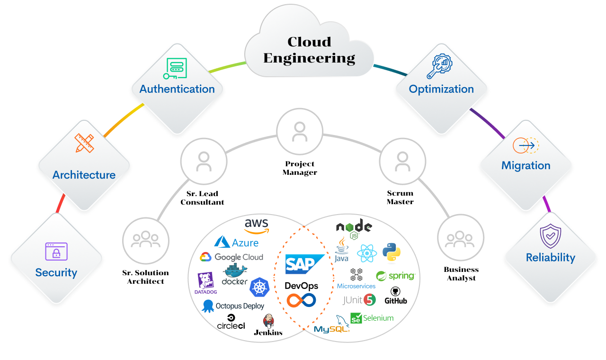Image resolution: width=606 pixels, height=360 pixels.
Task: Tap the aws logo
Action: (x=257, y=225)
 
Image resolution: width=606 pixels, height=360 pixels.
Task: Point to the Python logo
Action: (x=392, y=252)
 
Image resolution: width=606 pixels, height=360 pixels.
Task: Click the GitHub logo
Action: (x=396, y=296)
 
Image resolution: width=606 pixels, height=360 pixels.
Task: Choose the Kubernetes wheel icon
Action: (x=259, y=288)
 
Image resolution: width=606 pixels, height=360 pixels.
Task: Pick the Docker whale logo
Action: (x=235, y=274)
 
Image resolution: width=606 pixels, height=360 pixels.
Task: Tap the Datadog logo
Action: (x=205, y=283)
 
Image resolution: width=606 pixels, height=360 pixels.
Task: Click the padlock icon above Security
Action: (x=56, y=252)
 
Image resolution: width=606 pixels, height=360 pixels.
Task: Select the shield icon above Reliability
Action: (x=551, y=236)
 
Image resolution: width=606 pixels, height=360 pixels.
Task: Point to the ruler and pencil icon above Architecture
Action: (x=84, y=143)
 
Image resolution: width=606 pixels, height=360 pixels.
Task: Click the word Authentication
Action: (x=177, y=89)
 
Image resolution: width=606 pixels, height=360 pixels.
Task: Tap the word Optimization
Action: (x=441, y=89)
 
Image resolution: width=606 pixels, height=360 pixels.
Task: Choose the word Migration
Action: (x=526, y=165)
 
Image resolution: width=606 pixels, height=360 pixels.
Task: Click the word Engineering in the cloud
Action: (x=309, y=58)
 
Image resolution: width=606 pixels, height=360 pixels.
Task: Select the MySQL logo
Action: (x=332, y=326)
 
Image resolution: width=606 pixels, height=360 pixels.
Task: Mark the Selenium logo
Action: (x=372, y=318)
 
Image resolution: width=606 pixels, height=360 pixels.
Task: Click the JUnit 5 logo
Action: (x=359, y=300)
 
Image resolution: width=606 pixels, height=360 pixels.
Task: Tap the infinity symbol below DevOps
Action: (x=301, y=300)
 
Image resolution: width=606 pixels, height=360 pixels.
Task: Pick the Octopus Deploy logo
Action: (x=233, y=306)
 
